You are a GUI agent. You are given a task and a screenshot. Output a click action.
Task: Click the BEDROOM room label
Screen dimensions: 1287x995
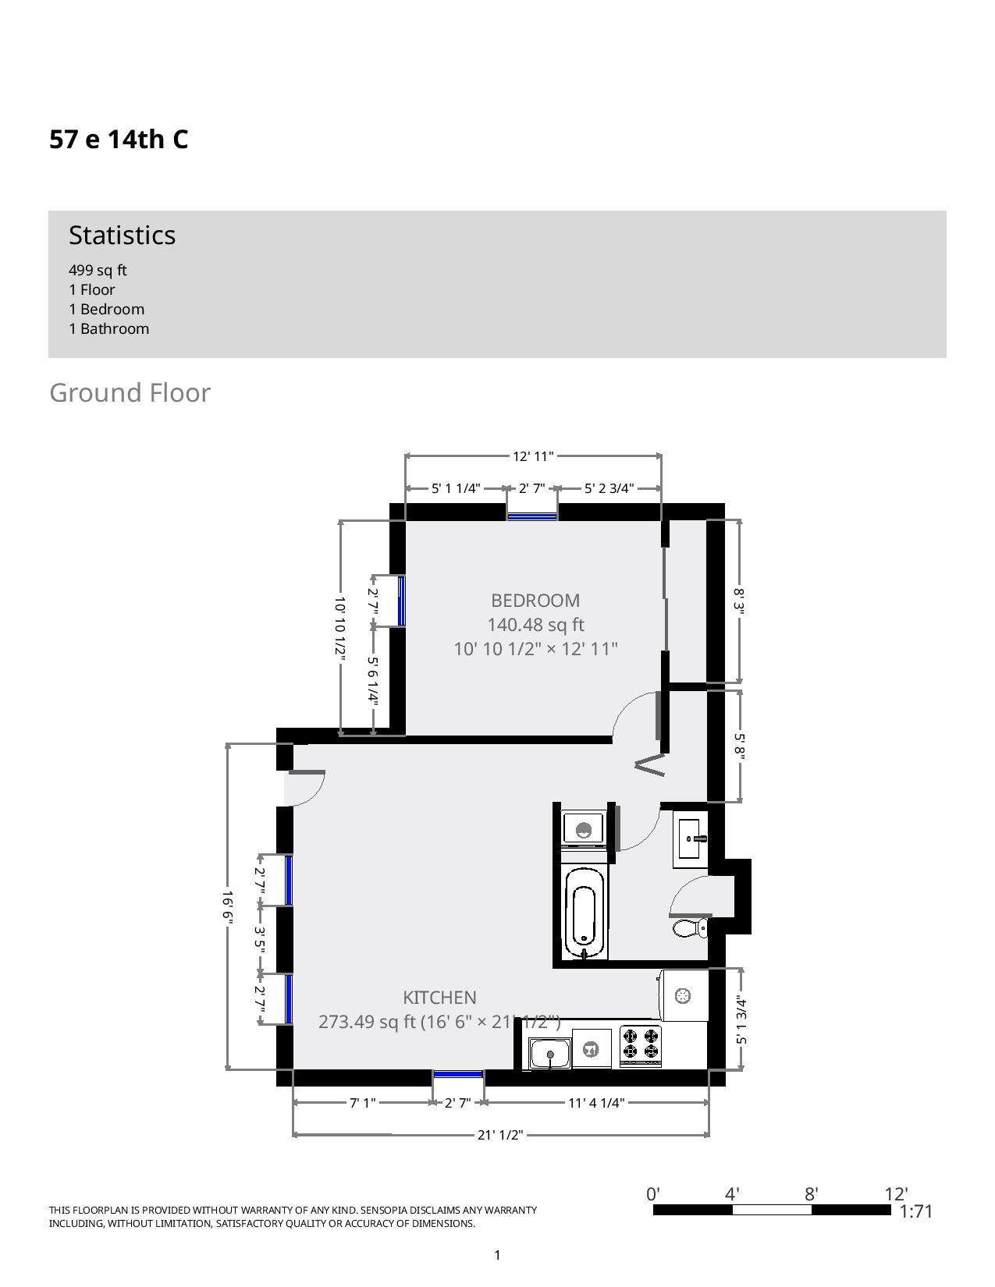(535, 601)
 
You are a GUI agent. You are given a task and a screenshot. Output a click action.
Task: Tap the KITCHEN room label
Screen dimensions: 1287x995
(439, 997)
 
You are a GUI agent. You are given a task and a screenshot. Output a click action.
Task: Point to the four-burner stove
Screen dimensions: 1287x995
(641, 1045)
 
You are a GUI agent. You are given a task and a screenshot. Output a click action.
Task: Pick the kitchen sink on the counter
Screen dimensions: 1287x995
(550, 1054)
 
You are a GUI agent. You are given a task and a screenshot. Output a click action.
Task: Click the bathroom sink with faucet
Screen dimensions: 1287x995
(690, 839)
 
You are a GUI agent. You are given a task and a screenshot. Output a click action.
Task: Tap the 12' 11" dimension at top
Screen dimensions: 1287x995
(533, 456)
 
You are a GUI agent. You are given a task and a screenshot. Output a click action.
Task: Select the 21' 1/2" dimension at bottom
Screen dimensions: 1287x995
(500, 1135)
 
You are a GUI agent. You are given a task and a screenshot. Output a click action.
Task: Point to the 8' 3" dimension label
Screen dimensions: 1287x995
(739, 601)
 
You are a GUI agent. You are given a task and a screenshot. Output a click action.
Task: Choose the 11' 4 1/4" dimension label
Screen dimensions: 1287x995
(596, 1102)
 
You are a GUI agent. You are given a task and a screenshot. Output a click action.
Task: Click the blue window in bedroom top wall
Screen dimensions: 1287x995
(532, 516)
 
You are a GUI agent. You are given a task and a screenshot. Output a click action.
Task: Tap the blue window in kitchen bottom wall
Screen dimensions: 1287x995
(458, 1075)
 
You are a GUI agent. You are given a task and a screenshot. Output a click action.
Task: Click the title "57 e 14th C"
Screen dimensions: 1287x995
(119, 140)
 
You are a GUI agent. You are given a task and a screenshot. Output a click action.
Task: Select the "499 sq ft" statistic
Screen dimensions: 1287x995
(98, 270)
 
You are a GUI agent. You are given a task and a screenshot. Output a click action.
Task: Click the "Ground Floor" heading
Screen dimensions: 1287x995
(130, 392)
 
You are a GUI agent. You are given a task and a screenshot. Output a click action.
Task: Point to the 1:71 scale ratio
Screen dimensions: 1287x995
(916, 1211)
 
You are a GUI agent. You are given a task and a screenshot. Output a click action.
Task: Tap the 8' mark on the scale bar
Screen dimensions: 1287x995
(811, 1194)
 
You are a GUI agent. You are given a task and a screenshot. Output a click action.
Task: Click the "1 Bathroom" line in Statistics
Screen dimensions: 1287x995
(108, 328)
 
